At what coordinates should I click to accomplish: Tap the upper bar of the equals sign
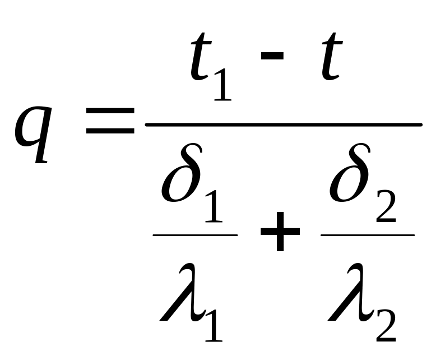110,113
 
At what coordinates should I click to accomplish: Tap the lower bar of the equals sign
110,132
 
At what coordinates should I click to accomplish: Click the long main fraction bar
283,124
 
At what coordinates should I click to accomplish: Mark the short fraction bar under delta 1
195,235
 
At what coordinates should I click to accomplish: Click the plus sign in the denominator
279,236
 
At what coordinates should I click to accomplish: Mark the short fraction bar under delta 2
367,235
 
